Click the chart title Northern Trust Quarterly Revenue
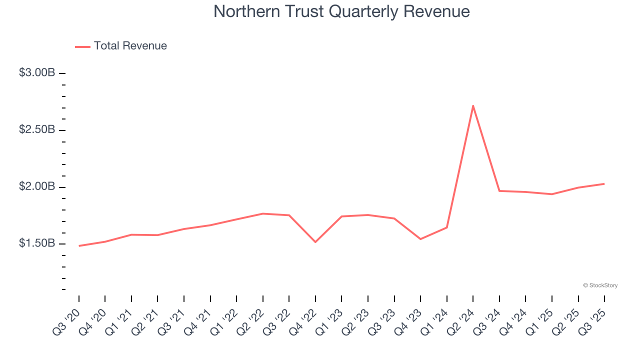[x=341, y=11]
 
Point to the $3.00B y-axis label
[x=37, y=73]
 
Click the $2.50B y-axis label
[x=37, y=130]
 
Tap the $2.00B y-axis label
[x=37, y=187]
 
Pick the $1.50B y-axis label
[x=37, y=243]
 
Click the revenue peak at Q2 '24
[x=473, y=105]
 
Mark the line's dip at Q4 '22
[x=315, y=242]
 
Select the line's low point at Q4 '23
[x=420, y=239]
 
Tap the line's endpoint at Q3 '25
[x=604, y=184]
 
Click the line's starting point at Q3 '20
[x=79, y=245]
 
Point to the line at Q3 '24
[x=499, y=191]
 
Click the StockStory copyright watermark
[x=600, y=285]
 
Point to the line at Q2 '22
[x=263, y=213]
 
